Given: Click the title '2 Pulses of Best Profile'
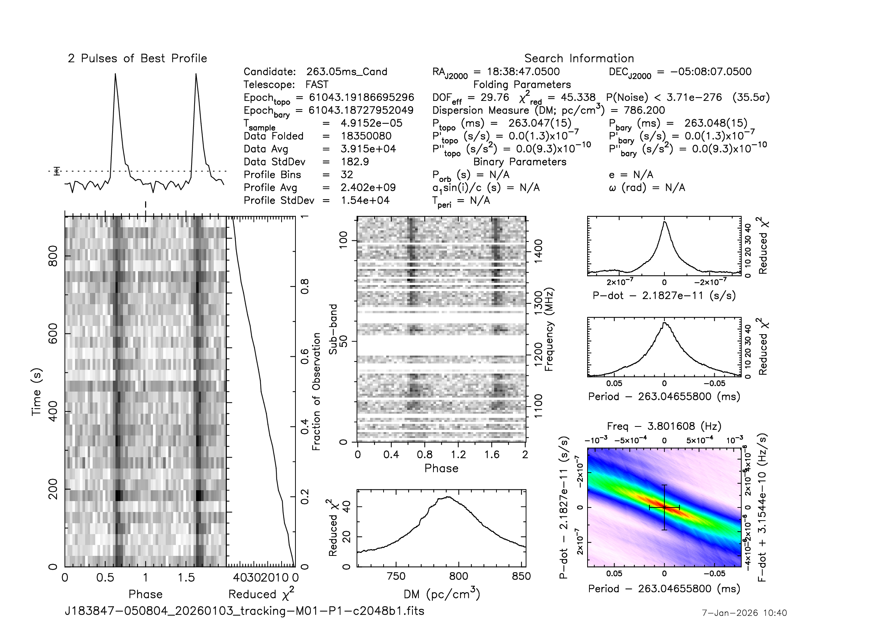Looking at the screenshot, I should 137,59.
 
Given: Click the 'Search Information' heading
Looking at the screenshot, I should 579,59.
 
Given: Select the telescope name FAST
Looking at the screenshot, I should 317,84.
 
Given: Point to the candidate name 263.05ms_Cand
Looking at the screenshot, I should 346,72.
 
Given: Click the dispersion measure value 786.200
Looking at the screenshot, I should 644,110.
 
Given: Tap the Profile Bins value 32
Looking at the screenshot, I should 346,174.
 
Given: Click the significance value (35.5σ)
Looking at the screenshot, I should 751,98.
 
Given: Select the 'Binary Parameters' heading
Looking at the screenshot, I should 519,162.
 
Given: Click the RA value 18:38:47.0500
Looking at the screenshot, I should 523,72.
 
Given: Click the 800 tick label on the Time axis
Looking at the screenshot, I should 53,256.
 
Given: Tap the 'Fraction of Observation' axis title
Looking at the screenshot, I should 316,391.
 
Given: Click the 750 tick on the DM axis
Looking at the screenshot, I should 396,576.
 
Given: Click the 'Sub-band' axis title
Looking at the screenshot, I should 333,329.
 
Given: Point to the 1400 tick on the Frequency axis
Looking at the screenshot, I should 538,251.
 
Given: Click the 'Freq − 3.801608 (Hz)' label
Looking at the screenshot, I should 664,426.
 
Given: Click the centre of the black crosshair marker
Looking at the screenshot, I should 664,507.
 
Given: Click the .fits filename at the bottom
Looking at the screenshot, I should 244,611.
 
